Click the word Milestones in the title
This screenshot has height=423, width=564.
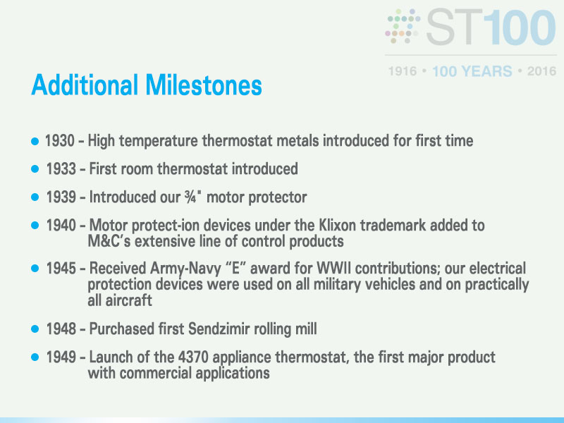coord(204,85)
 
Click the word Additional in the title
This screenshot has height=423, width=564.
coord(85,85)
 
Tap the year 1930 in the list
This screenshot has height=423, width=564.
coord(60,140)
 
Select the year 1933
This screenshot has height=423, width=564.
coord(61,168)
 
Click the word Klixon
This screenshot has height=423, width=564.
coord(338,225)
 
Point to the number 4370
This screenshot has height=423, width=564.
coord(193,357)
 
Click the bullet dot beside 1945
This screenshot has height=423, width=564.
coord(35,269)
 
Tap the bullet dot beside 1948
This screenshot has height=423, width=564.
coord(35,329)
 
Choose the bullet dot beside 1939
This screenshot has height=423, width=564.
coord(35,197)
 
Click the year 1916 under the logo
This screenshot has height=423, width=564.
coord(403,71)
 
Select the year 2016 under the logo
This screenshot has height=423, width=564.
coord(541,71)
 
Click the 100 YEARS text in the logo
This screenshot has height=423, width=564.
coord(472,71)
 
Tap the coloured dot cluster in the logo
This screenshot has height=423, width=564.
coord(403,26)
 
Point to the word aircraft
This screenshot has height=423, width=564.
coord(120,300)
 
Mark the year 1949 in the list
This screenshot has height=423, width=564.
coord(61,357)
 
